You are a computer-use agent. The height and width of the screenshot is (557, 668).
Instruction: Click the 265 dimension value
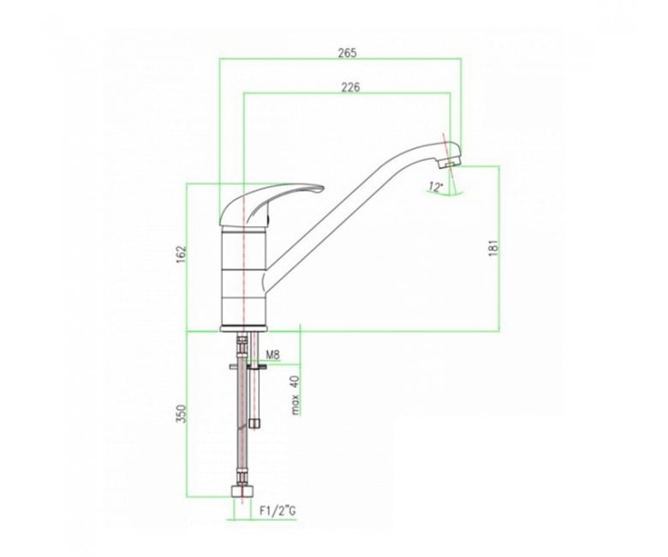347,53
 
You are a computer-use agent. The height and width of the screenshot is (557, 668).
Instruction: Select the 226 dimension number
350,87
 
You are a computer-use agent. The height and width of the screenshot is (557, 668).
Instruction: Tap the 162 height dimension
182,254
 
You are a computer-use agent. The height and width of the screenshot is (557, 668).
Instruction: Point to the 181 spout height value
493,248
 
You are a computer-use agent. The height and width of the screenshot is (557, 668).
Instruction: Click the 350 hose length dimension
182,413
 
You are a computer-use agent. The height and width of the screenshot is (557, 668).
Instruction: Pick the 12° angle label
436,187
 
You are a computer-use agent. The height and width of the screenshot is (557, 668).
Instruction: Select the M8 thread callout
272,355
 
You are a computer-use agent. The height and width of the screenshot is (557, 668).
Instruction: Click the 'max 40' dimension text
296,395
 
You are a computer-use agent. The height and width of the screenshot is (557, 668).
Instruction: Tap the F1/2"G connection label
277,510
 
